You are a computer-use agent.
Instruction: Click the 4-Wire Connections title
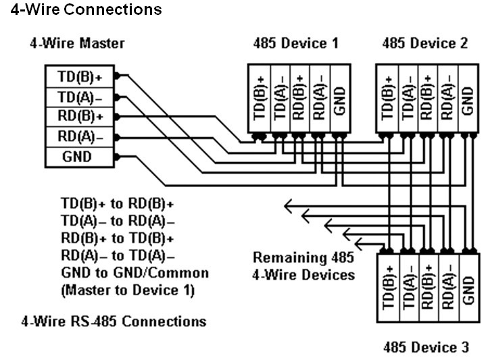click(82, 9)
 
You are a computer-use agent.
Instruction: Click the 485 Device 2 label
click(424, 44)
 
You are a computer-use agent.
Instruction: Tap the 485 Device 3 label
click(425, 348)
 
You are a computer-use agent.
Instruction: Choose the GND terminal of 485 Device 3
click(465, 287)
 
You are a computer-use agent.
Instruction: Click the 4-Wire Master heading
click(77, 44)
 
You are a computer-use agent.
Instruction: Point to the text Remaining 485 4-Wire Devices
click(303, 265)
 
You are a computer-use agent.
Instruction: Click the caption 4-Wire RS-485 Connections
click(114, 320)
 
